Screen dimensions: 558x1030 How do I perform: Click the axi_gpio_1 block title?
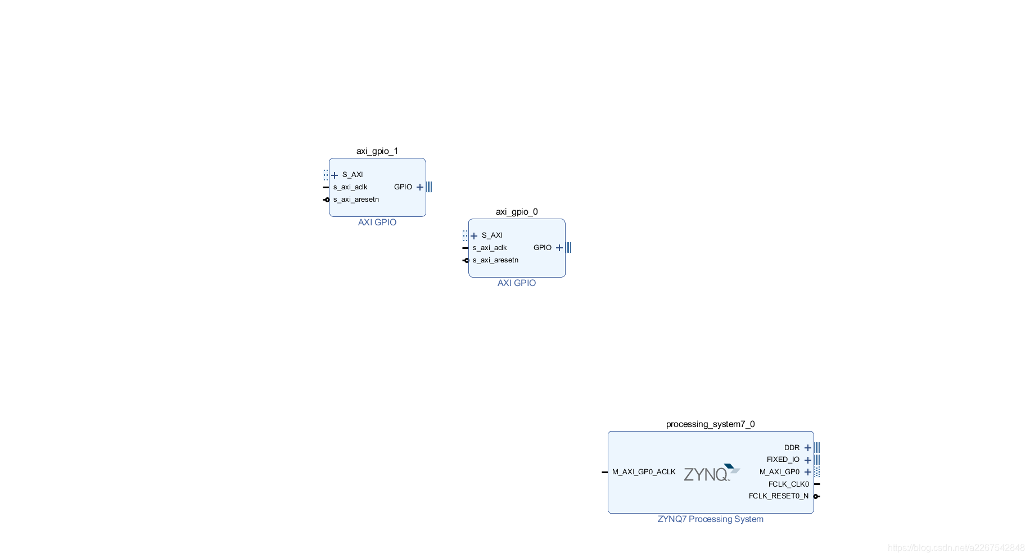click(377, 151)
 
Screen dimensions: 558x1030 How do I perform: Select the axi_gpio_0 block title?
click(516, 212)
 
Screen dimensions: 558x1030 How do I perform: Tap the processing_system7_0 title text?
click(710, 424)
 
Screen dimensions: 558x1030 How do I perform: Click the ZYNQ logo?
click(711, 473)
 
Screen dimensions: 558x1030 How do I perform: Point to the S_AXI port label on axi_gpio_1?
click(353, 175)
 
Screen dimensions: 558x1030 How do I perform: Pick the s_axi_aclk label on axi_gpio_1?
click(350, 187)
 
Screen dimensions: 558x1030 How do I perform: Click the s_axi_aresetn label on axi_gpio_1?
click(356, 199)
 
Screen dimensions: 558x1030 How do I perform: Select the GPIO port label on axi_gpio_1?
click(403, 187)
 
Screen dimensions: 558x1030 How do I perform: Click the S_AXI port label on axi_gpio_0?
click(492, 235)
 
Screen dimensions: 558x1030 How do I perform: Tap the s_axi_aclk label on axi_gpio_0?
click(490, 248)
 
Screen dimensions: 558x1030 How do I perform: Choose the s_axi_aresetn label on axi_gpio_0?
click(495, 260)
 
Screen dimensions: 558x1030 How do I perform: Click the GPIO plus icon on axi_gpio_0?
click(559, 248)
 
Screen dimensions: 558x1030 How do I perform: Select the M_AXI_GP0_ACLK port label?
click(644, 472)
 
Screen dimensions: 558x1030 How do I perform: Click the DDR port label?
click(792, 448)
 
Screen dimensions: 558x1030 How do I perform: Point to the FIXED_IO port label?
click(783, 460)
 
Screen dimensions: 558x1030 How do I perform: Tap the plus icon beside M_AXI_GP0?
click(808, 472)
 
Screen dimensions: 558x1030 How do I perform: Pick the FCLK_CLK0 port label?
click(788, 484)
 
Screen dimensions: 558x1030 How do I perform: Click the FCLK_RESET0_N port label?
click(778, 496)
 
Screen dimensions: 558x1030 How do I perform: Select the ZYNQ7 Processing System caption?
click(710, 519)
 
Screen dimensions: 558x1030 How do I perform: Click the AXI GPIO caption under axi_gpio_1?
click(377, 223)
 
